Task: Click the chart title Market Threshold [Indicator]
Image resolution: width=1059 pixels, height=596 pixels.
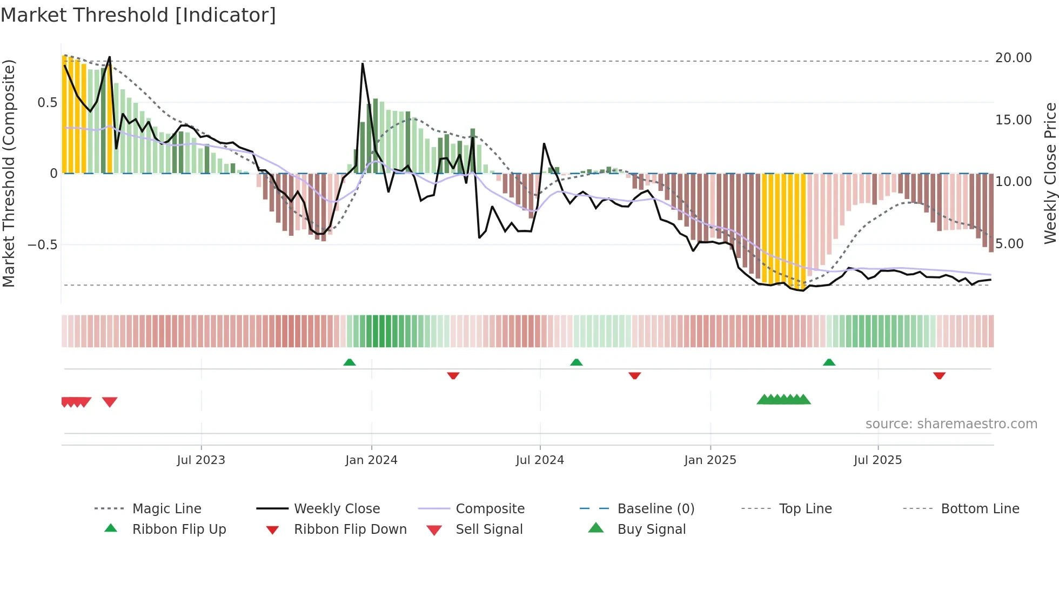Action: coord(138,15)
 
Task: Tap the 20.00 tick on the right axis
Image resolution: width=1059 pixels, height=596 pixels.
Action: coord(1013,58)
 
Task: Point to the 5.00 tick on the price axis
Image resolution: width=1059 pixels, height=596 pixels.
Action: coord(1009,244)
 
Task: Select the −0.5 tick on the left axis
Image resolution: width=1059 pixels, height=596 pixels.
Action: coord(42,244)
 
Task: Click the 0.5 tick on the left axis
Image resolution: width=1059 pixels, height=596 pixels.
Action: coord(47,103)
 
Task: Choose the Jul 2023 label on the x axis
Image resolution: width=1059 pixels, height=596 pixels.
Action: coord(201,460)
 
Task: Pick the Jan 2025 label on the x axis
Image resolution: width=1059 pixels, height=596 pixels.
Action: coord(710,460)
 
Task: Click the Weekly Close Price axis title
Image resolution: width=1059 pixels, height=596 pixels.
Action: coord(1050,173)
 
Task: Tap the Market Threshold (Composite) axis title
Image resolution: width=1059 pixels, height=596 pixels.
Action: coord(9,173)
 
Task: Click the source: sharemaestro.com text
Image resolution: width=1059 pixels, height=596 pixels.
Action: coord(951,424)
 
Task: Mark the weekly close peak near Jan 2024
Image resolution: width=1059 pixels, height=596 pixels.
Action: coord(363,64)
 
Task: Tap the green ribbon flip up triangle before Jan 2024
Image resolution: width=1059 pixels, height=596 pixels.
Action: coord(350,362)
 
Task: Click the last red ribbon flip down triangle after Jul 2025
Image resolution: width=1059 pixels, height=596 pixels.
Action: coord(939,375)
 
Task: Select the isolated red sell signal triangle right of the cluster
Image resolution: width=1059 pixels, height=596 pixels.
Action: coord(110,402)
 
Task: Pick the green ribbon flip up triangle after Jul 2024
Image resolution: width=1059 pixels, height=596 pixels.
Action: coord(577,362)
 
